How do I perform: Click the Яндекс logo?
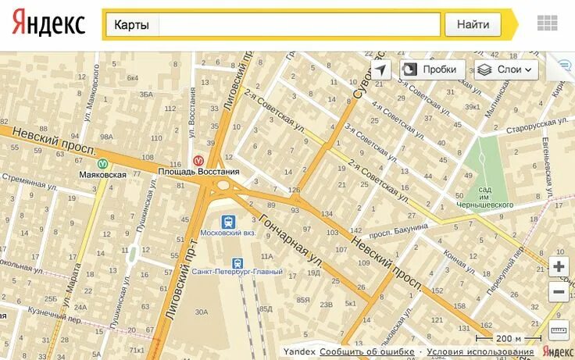click(48, 24)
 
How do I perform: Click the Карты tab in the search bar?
click(131, 25)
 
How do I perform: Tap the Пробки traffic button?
click(432, 70)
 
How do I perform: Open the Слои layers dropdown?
click(506, 70)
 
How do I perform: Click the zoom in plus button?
click(559, 267)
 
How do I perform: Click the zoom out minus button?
click(559, 293)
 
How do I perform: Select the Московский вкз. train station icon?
click(228, 221)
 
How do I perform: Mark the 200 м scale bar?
click(509, 339)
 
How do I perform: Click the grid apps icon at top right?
click(548, 23)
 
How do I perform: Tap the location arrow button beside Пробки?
click(380, 70)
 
